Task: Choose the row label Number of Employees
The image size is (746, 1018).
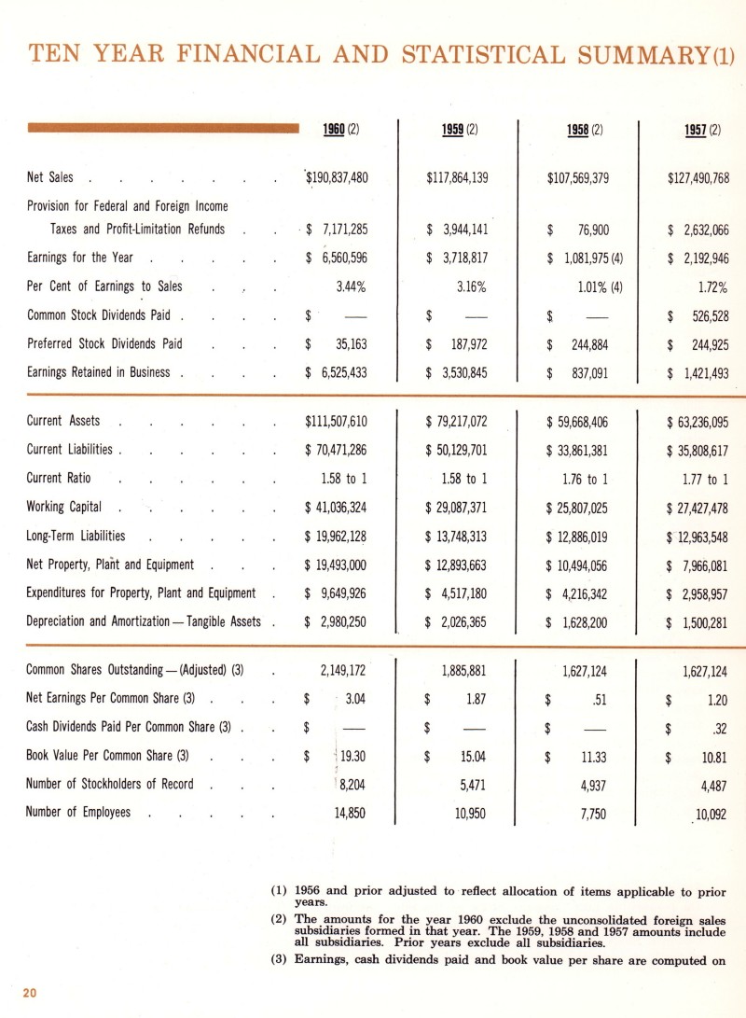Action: (78, 812)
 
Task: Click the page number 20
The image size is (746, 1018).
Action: (29, 992)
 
